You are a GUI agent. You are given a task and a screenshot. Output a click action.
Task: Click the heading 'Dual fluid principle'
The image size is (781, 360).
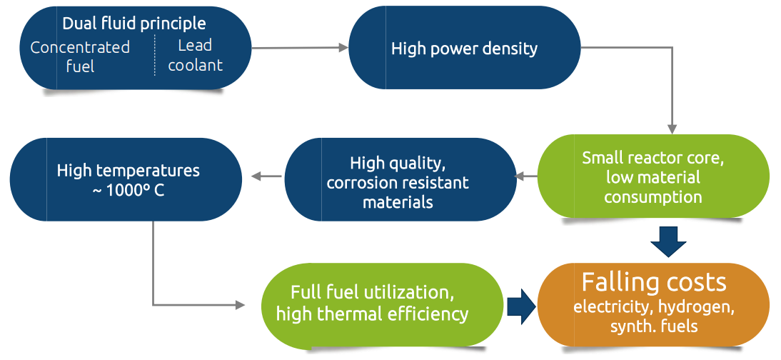pos(133,24)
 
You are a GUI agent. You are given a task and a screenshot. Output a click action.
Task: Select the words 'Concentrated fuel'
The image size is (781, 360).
pos(80,56)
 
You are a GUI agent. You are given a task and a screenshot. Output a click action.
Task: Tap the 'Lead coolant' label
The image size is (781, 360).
pos(195,55)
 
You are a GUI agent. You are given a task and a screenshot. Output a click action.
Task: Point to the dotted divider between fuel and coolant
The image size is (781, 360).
pos(155,55)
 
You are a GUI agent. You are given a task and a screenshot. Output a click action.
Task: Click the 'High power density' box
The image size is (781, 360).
pos(464,49)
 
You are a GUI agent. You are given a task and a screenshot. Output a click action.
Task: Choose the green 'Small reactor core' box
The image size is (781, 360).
pos(652,177)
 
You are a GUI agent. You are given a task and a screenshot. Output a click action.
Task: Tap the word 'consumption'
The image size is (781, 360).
pos(652,197)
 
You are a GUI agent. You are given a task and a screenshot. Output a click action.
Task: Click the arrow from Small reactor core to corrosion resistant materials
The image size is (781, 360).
pos(526,176)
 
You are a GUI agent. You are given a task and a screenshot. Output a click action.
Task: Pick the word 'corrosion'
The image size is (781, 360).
pos(361,183)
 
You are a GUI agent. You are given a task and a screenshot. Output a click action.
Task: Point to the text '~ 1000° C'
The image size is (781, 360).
pos(129,191)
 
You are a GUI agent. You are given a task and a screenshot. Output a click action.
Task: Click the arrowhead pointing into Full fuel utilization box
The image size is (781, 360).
pos(239,305)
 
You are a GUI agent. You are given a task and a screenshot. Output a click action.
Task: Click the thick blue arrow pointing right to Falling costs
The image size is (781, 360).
pos(520,305)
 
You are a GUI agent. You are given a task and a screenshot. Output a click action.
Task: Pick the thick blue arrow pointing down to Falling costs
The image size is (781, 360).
pos(668,241)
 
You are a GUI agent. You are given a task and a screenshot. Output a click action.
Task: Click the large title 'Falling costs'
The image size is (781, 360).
pos(654,282)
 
